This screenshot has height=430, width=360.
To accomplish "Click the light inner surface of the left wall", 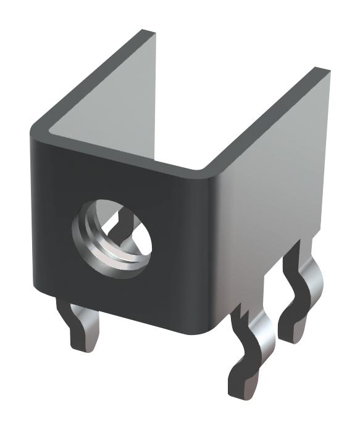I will pyautogui.click(x=111, y=99).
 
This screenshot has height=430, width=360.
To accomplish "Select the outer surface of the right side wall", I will pyautogui.click(x=272, y=185).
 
